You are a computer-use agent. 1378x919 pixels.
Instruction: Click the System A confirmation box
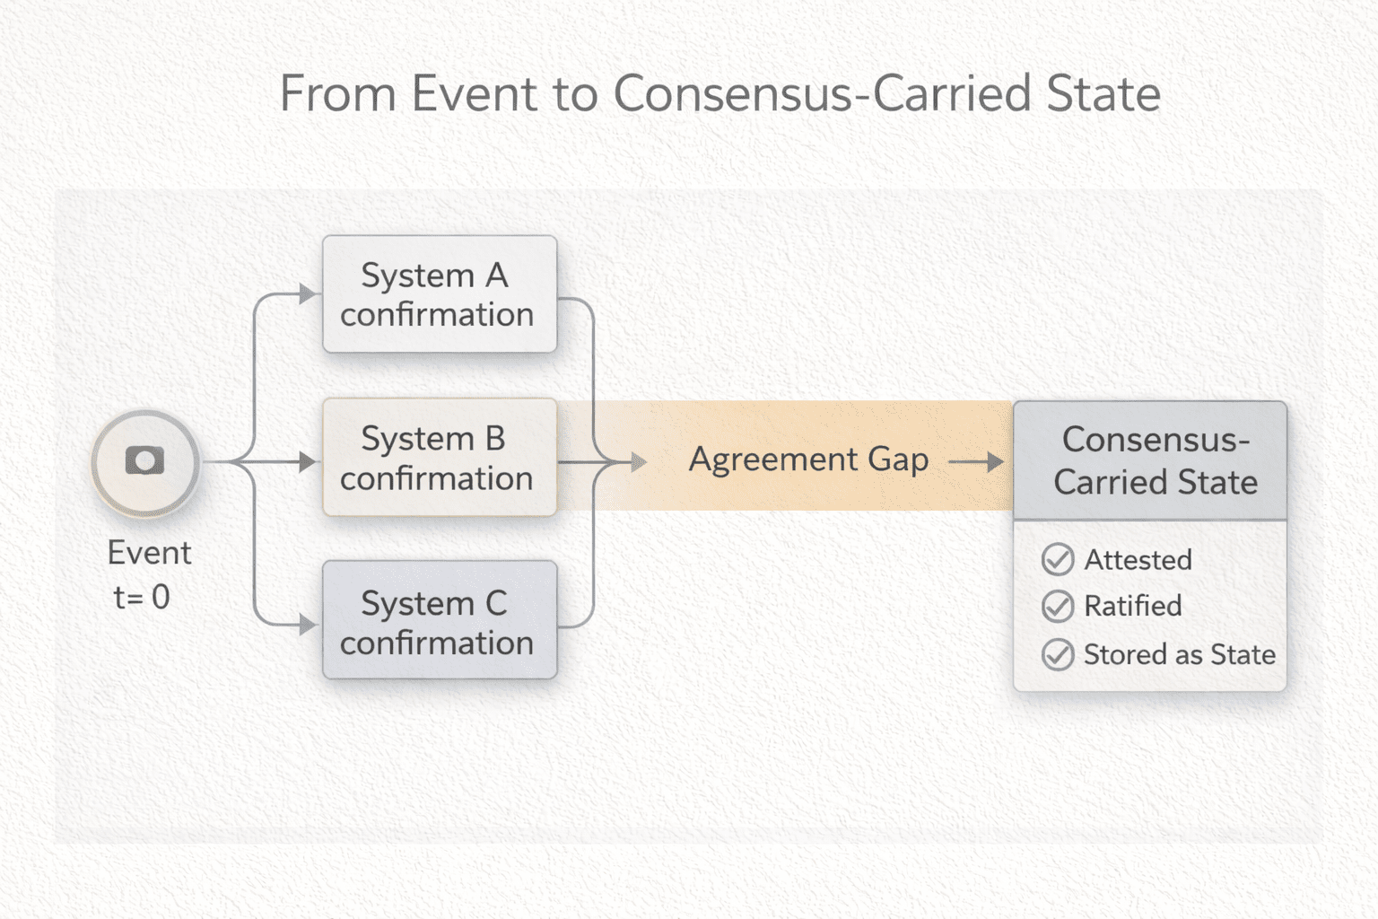point(439,294)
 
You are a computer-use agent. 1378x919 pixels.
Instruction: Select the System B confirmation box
point(439,458)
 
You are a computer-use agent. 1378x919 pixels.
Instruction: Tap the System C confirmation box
point(439,621)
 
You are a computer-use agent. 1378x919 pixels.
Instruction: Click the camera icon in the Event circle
point(144,460)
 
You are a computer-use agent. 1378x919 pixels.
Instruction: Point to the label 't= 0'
point(142,597)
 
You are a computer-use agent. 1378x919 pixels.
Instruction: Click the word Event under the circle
point(149,553)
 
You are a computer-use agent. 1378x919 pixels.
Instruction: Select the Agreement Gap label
point(808,459)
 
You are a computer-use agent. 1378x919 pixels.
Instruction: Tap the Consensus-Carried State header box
point(1150,460)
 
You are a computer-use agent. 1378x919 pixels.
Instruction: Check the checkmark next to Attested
point(1058,560)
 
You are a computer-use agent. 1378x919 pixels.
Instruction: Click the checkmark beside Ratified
point(1058,607)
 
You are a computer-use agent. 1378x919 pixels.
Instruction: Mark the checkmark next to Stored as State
point(1058,654)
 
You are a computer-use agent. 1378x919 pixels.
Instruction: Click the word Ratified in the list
point(1133,607)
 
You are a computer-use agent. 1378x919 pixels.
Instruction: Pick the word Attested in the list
point(1138,560)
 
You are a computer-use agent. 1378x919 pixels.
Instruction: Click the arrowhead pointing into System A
point(308,293)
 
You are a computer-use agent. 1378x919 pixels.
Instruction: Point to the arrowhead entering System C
point(308,625)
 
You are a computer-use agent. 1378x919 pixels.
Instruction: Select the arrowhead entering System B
point(308,462)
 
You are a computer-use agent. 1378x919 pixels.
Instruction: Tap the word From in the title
point(337,93)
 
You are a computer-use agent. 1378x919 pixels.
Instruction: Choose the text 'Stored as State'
point(1179,654)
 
